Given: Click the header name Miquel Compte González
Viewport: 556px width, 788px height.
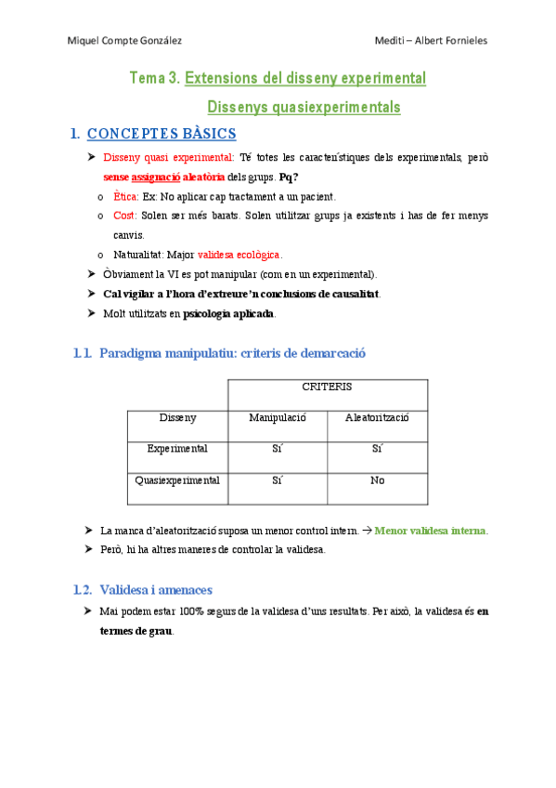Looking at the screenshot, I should click(x=125, y=40).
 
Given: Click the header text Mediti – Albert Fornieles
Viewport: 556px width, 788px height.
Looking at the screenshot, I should click(x=430, y=40).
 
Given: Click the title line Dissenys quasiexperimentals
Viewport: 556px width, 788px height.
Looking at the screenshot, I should click(x=304, y=108).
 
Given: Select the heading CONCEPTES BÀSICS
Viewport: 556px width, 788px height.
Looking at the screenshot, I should click(x=162, y=135).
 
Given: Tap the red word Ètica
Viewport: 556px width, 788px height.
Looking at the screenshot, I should click(x=125, y=197).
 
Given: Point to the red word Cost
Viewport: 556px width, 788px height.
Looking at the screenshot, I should click(x=124, y=216).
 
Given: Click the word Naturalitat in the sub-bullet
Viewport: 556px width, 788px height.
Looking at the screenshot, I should click(x=139, y=255).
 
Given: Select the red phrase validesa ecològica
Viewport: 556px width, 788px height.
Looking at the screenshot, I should click(x=239, y=255).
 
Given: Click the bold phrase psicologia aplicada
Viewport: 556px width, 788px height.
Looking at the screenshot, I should click(x=228, y=313).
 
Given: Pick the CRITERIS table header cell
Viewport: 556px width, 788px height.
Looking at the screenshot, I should click(x=328, y=387).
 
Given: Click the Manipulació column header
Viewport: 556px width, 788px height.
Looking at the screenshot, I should click(x=278, y=418).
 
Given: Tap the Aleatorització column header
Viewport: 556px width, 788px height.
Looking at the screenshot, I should click(x=377, y=418).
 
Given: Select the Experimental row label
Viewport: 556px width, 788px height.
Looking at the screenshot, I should click(x=177, y=449).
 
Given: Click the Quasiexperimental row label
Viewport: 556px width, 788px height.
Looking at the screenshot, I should click(x=177, y=480).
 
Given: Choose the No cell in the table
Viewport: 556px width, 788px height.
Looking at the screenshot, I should click(x=377, y=480).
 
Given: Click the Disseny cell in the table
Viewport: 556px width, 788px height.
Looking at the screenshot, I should click(x=177, y=418).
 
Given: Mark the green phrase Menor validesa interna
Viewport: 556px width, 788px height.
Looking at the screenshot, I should click(x=430, y=531).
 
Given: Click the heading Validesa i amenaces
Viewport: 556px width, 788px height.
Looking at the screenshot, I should click(x=156, y=589).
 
